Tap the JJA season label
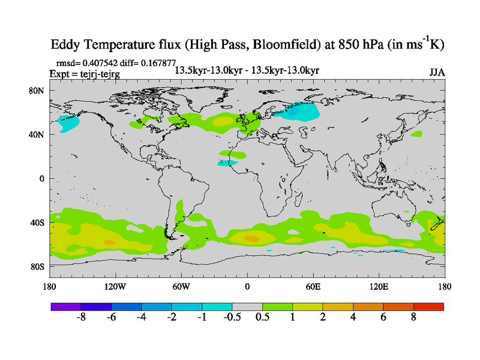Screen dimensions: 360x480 pyautogui.click(x=437, y=72)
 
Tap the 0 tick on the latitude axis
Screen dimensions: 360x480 pyautogui.click(x=42, y=178)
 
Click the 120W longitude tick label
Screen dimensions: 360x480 pyautogui.click(x=115, y=287)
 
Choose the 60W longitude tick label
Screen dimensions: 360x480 pyautogui.click(x=181, y=287)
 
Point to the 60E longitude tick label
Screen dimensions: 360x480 pyautogui.click(x=313, y=287)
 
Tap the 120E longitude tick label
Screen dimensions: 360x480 pyautogui.click(x=379, y=287)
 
